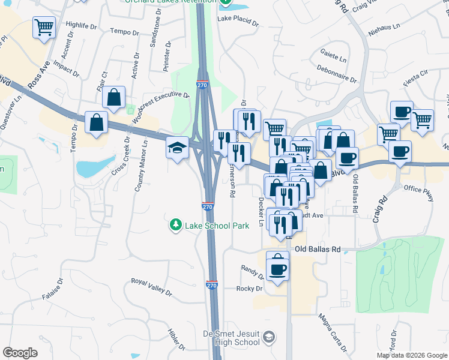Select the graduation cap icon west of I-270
point(177,147)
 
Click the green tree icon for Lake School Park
point(175,226)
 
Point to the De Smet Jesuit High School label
point(231,337)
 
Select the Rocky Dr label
point(250,289)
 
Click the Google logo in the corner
point(20,353)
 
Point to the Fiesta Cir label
point(415,74)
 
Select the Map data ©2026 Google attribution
point(412,355)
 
